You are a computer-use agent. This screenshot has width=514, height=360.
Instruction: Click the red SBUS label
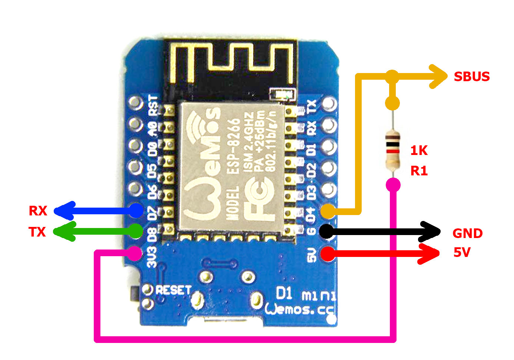coord(472,77)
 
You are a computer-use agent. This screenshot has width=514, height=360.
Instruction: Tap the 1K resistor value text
coord(419,151)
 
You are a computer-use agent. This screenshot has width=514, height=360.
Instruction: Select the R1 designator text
coord(419,171)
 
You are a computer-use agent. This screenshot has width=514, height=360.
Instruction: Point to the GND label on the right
coord(467,234)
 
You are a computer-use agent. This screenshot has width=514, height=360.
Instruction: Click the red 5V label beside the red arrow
coord(462,252)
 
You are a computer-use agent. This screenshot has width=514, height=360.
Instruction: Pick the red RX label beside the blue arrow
coord(38,211)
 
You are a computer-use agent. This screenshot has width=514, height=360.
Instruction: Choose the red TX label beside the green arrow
coord(37,232)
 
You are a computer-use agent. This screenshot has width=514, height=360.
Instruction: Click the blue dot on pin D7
coord(136,211)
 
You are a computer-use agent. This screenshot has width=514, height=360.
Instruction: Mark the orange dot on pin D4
coord(328,211)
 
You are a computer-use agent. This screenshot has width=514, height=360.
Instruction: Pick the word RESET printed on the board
coord(173,290)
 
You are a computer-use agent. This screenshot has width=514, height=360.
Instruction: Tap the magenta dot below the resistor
coord(393,184)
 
